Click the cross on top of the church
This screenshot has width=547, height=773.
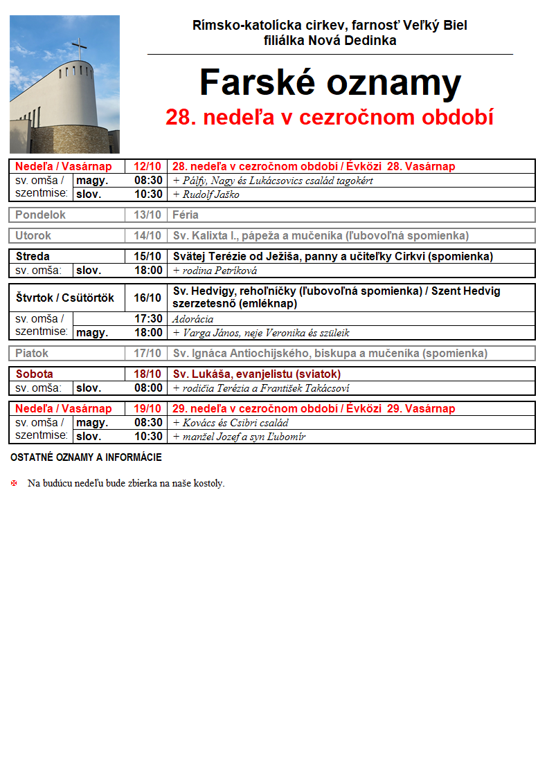click(x=80, y=51)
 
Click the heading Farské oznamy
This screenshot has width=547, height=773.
click(x=330, y=83)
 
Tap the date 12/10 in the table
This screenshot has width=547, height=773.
click(x=147, y=167)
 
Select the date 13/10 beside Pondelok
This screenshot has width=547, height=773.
click(x=147, y=215)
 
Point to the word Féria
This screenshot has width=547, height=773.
click(x=186, y=215)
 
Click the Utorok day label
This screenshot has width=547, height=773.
click(x=33, y=235)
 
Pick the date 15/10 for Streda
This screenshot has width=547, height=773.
click(x=147, y=256)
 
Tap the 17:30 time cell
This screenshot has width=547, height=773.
click(x=148, y=319)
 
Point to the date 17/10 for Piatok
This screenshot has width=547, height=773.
click(x=147, y=353)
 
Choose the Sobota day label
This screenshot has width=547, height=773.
click(x=34, y=374)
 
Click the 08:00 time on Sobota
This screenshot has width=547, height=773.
click(x=148, y=388)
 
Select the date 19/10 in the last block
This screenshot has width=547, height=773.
click(x=147, y=408)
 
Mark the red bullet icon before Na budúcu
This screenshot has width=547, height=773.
click(x=14, y=483)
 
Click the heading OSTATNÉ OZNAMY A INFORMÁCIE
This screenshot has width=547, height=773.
click(x=86, y=457)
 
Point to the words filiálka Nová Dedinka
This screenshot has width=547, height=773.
click(x=330, y=41)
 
